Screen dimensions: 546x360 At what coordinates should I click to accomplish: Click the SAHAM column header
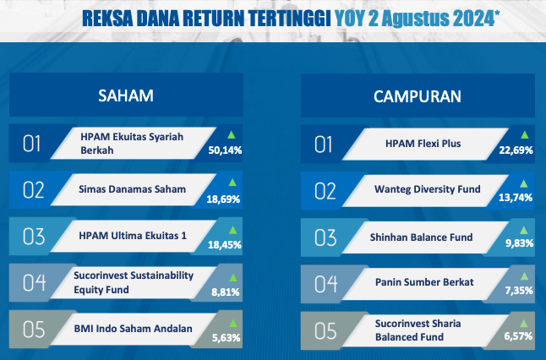tap(126, 95)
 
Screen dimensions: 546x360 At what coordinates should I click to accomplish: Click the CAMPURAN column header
tap(418, 96)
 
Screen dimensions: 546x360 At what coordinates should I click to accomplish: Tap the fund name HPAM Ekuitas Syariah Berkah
tap(132, 144)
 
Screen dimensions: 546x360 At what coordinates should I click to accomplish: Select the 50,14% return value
tap(225, 150)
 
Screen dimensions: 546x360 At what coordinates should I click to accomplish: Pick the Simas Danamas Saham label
tap(133, 189)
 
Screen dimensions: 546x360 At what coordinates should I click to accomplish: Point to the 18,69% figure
tap(223, 199)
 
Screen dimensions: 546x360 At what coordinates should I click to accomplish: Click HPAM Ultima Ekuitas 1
tap(133, 236)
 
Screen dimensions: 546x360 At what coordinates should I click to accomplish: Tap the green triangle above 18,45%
tap(232, 230)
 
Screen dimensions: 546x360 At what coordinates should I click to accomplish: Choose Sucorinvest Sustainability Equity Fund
tap(134, 282)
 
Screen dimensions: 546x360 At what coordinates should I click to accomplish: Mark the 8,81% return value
tap(226, 292)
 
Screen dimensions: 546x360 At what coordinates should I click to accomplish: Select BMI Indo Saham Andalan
tap(133, 329)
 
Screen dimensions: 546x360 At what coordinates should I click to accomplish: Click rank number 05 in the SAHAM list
tap(34, 330)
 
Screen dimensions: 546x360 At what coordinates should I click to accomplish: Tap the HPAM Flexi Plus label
tap(423, 144)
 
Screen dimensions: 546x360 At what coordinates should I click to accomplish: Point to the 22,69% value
tap(516, 150)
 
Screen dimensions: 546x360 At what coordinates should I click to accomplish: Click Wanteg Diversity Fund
tap(428, 189)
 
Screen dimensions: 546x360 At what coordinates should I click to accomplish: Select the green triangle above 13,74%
tap(523, 183)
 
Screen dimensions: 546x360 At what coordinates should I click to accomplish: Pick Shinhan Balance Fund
tap(421, 237)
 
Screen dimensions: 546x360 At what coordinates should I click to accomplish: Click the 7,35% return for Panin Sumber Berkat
tap(519, 291)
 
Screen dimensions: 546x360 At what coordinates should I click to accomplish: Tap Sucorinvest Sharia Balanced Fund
tap(418, 330)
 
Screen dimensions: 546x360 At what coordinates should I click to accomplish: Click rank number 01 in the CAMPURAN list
tap(324, 145)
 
